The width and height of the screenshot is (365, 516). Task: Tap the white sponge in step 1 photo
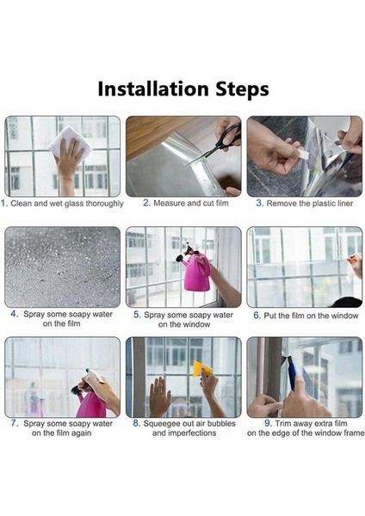65,142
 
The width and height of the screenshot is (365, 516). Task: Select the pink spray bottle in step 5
195,269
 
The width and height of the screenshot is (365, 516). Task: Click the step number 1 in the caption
4,204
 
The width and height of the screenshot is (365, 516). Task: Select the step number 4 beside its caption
15,314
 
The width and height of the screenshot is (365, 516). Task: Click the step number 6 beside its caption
257,315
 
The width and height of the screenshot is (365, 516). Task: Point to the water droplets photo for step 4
63,267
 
